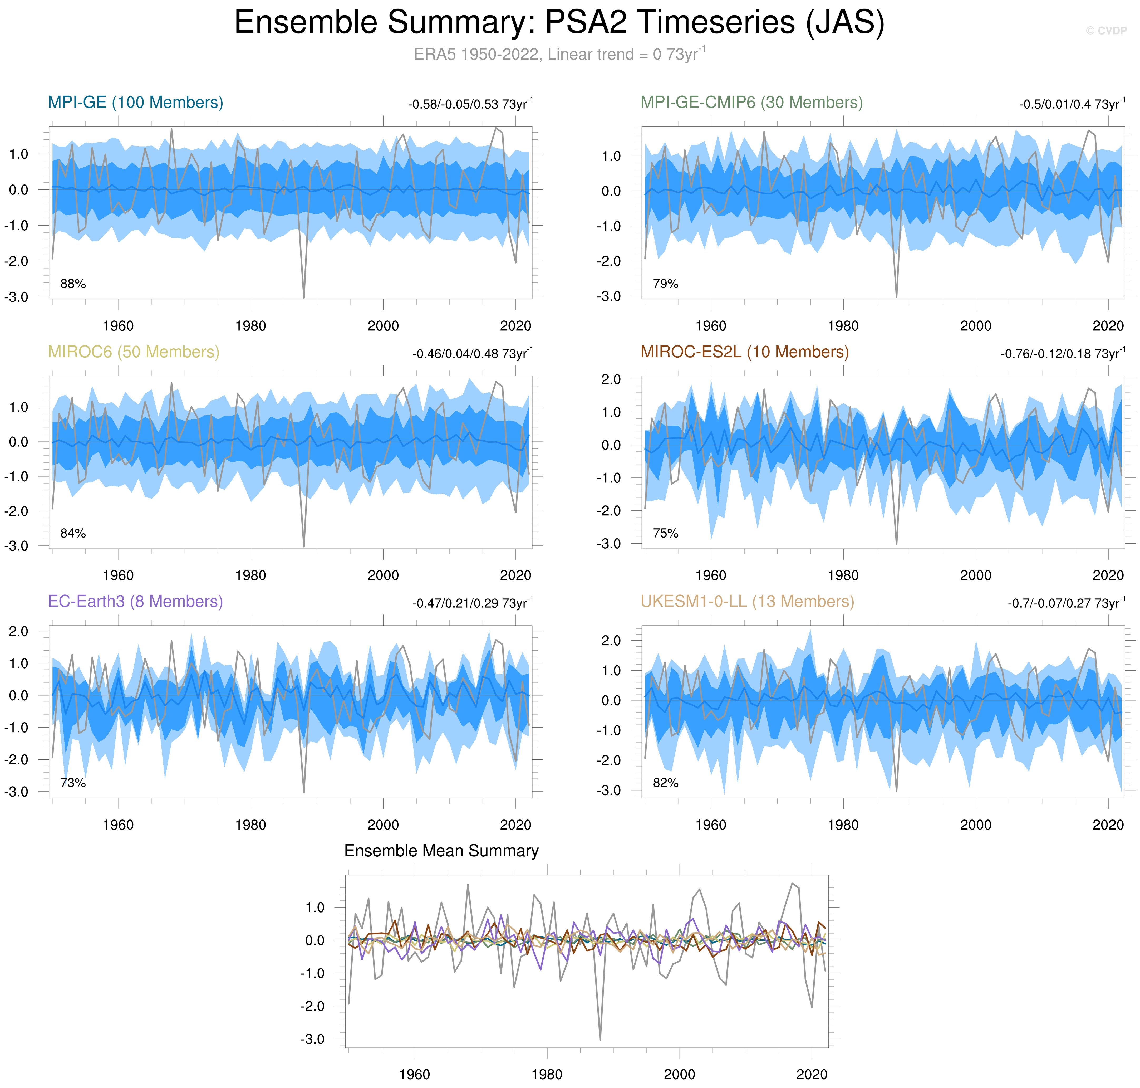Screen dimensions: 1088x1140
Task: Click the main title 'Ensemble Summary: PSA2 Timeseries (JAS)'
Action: [559, 23]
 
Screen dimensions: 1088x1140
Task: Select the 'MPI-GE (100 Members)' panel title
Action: [135, 103]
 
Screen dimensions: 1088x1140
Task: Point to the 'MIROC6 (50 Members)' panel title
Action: [133, 352]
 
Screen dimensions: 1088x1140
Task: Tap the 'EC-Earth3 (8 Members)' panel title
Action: [135, 601]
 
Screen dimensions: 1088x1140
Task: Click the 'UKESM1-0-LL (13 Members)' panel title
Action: [747, 601]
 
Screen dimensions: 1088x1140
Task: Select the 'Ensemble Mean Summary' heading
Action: [441, 851]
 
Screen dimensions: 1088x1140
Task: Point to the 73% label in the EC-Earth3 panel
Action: [73, 783]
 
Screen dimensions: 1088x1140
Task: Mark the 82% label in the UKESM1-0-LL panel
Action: [666, 783]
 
